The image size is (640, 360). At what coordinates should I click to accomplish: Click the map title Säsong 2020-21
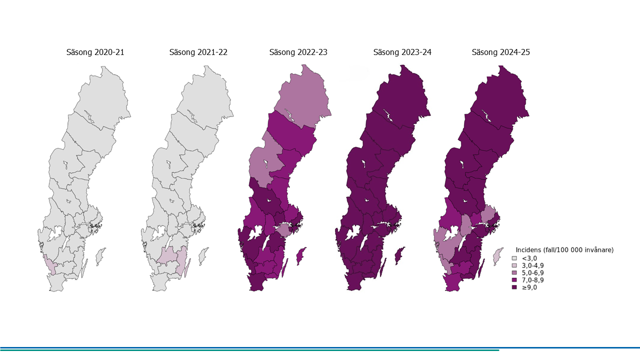pyautogui.click(x=95, y=52)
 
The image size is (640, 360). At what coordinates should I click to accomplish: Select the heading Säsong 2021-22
pyautogui.click(x=198, y=52)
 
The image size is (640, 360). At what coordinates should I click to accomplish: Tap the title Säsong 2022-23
pyautogui.click(x=298, y=52)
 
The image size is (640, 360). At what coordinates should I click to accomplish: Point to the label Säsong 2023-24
pyautogui.click(x=402, y=52)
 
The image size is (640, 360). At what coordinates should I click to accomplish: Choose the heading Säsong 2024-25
pyautogui.click(x=500, y=52)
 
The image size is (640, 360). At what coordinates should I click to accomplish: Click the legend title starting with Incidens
pyautogui.click(x=564, y=249)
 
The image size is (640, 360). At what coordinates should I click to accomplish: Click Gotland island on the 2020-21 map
pyautogui.click(x=100, y=255)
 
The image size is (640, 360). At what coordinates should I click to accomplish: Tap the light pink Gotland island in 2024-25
pyautogui.click(x=497, y=256)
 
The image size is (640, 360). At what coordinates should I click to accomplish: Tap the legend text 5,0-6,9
pyautogui.click(x=533, y=273)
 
